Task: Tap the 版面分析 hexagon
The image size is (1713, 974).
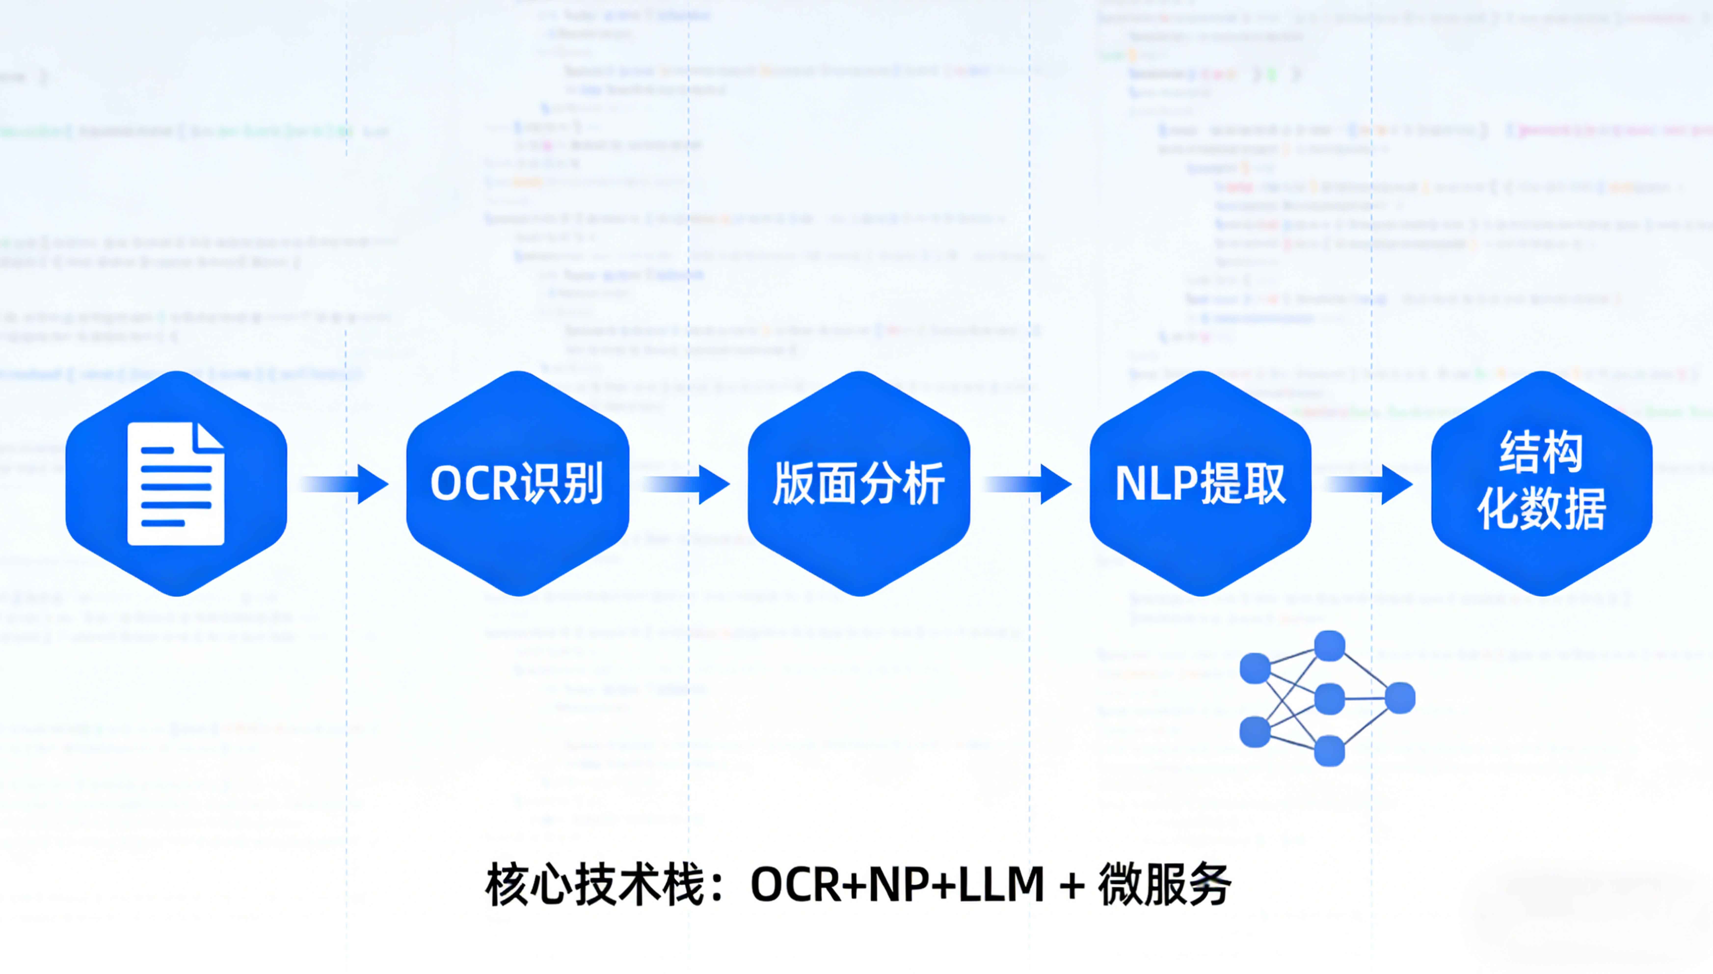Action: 859,483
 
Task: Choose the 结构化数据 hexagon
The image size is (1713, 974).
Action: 1542,483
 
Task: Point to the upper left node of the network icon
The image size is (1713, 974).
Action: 1255,668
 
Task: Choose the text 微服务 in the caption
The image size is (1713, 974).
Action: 1164,884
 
